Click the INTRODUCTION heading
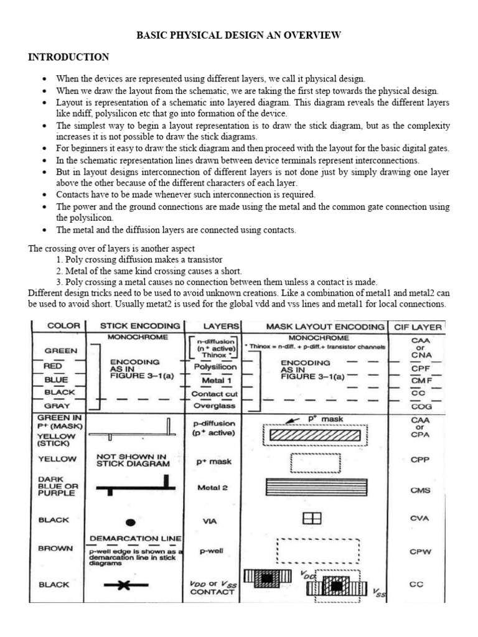(x=68, y=57)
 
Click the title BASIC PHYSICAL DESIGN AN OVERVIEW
(x=238, y=35)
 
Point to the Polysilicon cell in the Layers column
(x=213, y=368)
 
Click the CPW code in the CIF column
(x=416, y=551)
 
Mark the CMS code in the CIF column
(x=416, y=490)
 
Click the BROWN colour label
(x=57, y=549)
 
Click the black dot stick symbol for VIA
(x=131, y=523)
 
